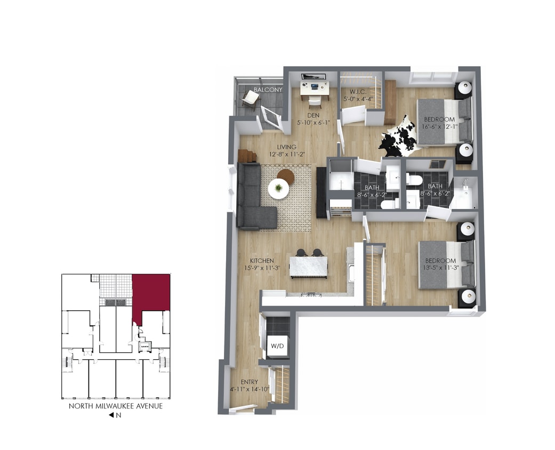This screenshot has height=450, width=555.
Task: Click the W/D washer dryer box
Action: pyautogui.click(x=277, y=346)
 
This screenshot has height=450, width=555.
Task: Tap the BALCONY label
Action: pyautogui.click(x=268, y=90)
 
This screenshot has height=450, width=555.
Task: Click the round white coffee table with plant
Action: pyautogui.click(x=278, y=188)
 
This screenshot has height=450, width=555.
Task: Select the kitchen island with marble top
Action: pyautogui.click(x=309, y=266)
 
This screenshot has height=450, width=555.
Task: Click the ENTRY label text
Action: pyautogui.click(x=250, y=382)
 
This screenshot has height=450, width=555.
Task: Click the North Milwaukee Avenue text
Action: pyautogui.click(x=116, y=406)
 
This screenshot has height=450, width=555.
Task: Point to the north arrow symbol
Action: pyautogui.click(x=111, y=415)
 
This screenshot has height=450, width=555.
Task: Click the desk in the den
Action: pyautogui.click(x=314, y=87)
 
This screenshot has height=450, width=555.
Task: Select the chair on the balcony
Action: pyautogui.click(x=250, y=97)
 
